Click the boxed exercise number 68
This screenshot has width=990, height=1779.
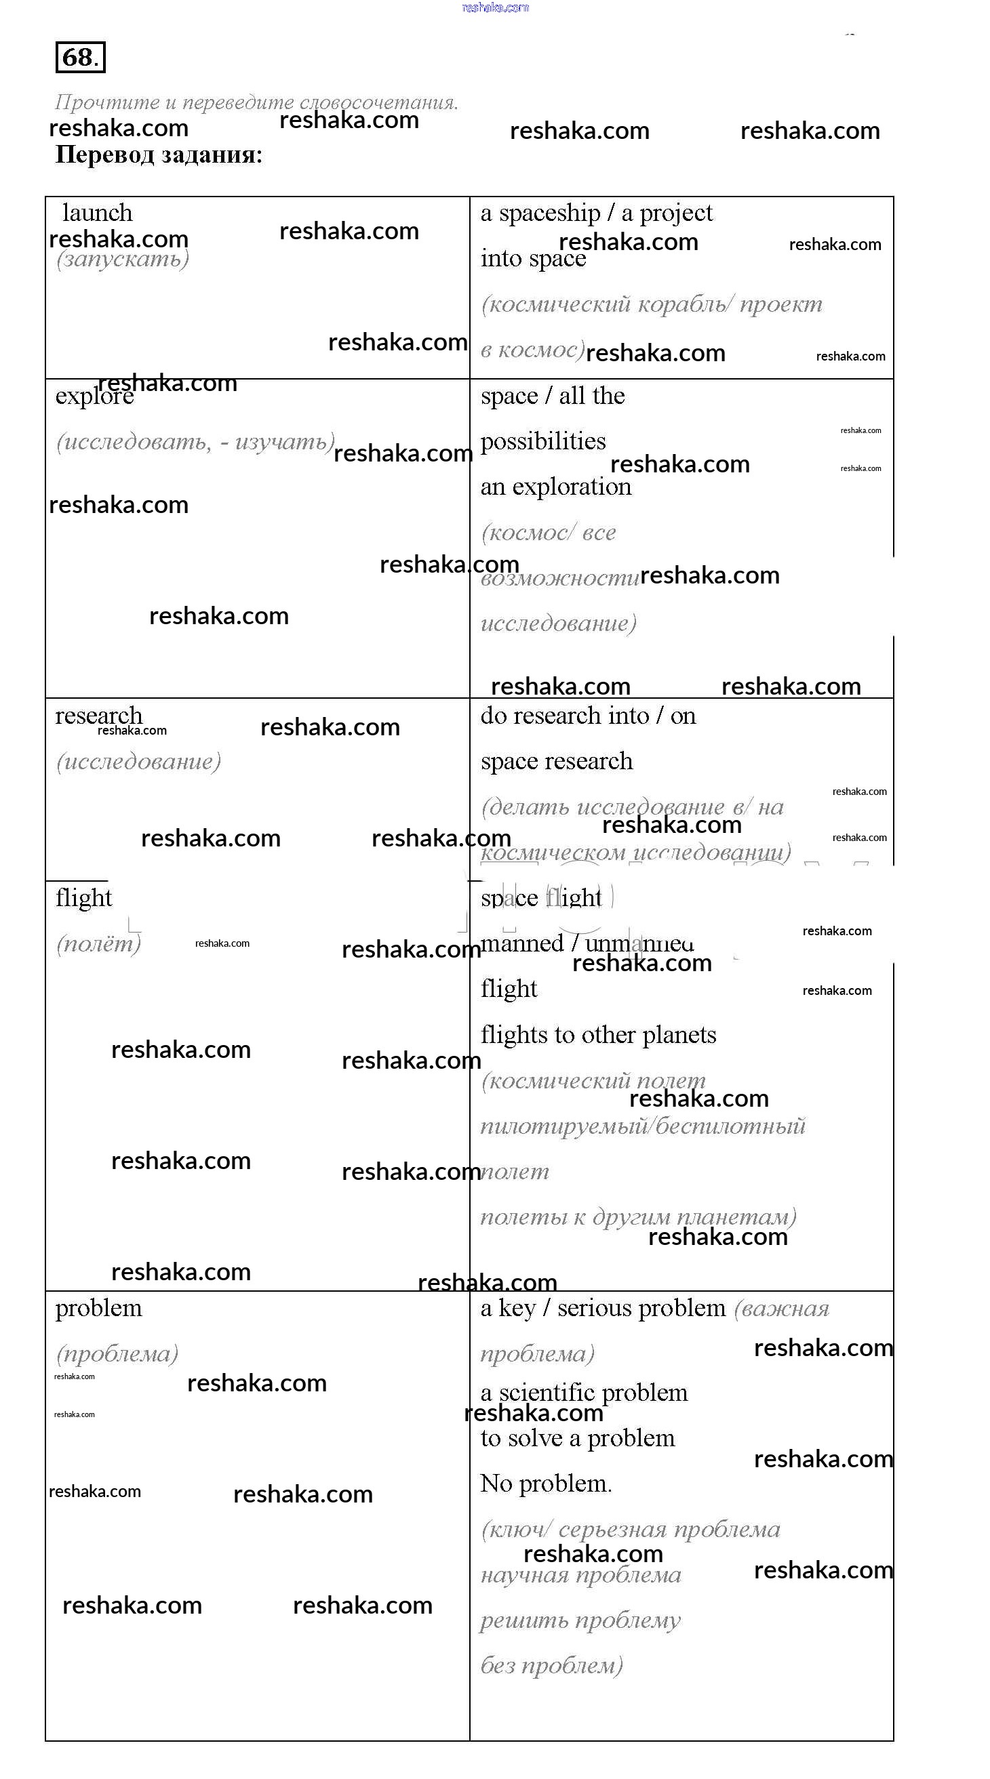(79, 58)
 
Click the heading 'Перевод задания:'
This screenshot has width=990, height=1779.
(159, 155)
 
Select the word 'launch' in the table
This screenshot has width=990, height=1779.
(98, 213)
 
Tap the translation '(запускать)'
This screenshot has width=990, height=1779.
(122, 259)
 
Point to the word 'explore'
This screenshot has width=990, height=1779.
(94, 396)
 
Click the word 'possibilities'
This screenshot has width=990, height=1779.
(543, 441)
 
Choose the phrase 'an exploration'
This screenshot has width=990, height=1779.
(555, 487)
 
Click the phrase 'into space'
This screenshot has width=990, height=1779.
(533, 259)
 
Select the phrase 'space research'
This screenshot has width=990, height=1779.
(556, 761)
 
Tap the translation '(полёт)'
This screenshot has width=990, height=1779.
(98, 943)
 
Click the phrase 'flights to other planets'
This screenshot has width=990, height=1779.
(598, 1034)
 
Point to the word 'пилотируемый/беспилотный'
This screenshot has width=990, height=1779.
(643, 1126)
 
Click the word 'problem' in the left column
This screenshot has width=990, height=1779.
(99, 1308)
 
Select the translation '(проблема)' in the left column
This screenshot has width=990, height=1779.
(117, 1353)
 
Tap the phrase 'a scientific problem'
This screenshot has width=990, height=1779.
(584, 1392)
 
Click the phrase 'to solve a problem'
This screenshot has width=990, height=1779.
(578, 1438)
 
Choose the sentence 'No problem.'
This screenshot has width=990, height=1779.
(546, 1484)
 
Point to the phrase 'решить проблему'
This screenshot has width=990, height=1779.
(580, 1620)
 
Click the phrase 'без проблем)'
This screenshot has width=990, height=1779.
(551, 1666)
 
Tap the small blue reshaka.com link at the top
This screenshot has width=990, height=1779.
(494, 7)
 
